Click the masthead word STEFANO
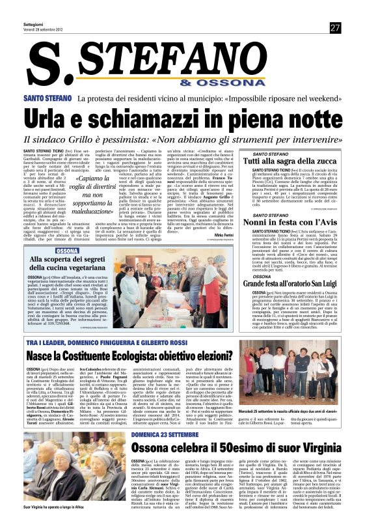(x=214, y=64)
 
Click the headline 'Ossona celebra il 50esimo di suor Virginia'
(x=236, y=448)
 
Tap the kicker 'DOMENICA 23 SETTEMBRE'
(x=165, y=433)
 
